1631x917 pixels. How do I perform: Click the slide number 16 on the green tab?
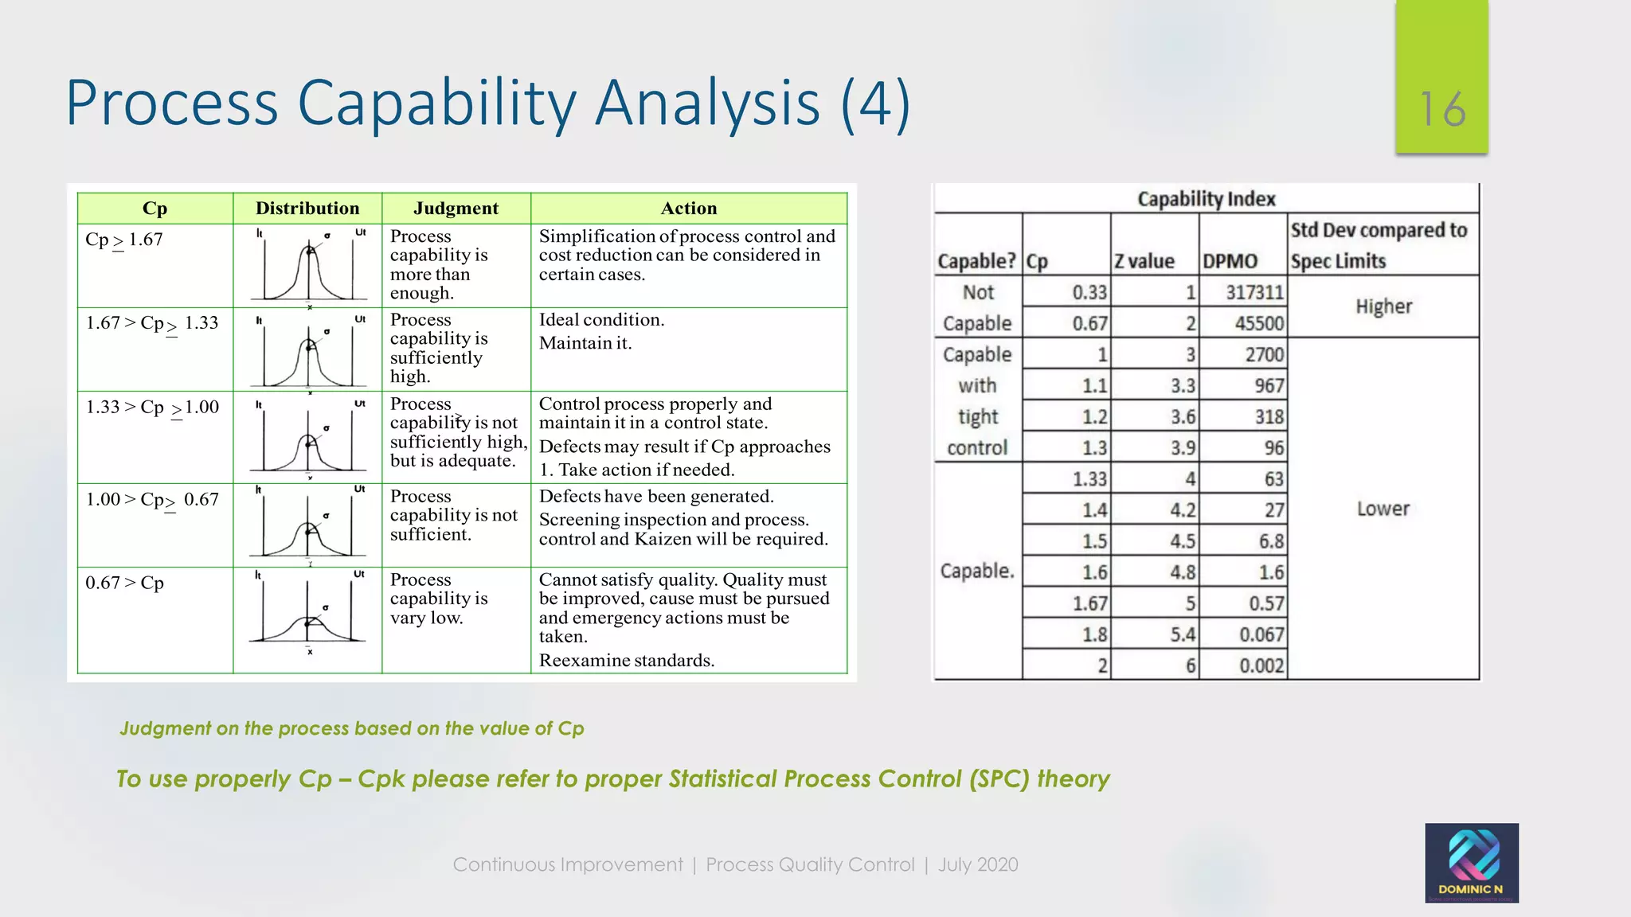pyautogui.click(x=1442, y=109)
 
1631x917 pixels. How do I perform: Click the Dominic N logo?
pyautogui.click(x=1471, y=863)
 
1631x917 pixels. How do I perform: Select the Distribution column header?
pyautogui.click(x=307, y=209)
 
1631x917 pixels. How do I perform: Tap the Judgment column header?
pyautogui.click(x=456, y=209)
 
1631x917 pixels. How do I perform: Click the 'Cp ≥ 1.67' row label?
pyautogui.click(x=124, y=240)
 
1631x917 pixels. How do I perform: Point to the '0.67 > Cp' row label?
pyautogui.click(x=124, y=583)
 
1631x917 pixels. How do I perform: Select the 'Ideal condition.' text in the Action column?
pyautogui.click(x=601, y=320)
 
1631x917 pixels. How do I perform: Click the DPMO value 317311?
pyautogui.click(x=1254, y=292)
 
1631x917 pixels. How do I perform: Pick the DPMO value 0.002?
pyautogui.click(x=1261, y=665)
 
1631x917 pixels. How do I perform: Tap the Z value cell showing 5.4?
pyautogui.click(x=1183, y=634)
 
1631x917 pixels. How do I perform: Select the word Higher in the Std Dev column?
pyautogui.click(x=1383, y=306)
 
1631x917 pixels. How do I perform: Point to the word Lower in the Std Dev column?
pyautogui.click(x=1383, y=509)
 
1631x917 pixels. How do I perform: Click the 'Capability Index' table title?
pyautogui.click(x=1206, y=199)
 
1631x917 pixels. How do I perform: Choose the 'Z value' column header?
pyautogui.click(x=1144, y=261)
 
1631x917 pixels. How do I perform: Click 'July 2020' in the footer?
pyautogui.click(x=978, y=864)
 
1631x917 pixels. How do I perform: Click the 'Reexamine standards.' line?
pyautogui.click(x=627, y=661)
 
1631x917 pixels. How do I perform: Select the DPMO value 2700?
pyautogui.click(x=1264, y=354)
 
